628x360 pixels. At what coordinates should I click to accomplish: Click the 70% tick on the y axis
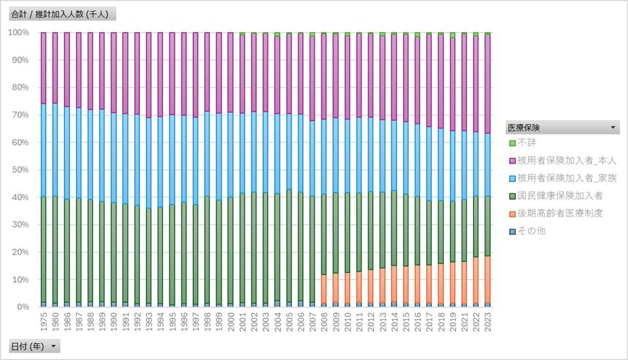pyautogui.click(x=18, y=115)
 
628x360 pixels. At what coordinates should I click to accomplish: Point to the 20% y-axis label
pyautogui.click(x=18, y=252)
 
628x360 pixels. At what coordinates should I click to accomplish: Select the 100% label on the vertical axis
pyautogui.click(x=17, y=33)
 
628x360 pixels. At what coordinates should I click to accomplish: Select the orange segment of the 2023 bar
pyautogui.click(x=487, y=279)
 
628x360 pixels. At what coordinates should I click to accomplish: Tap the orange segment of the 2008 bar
pyautogui.click(x=324, y=289)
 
